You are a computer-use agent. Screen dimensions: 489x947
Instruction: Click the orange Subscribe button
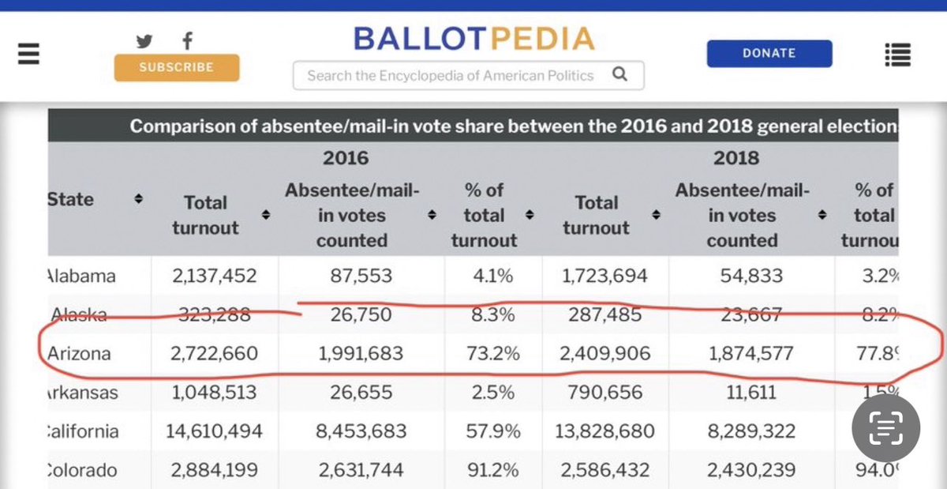tap(176, 67)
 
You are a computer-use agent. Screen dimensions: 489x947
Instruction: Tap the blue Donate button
tap(769, 53)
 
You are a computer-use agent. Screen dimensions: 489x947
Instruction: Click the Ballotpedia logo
tap(473, 38)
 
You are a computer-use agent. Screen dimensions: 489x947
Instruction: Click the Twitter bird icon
tap(144, 41)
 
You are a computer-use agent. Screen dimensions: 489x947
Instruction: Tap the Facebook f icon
tap(187, 41)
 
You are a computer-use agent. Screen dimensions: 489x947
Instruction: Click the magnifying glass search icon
tap(619, 75)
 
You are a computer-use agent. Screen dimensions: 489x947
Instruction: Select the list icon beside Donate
tap(898, 55)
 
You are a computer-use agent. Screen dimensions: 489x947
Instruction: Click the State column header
tap(70, 199)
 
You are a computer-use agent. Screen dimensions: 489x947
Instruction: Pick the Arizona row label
tap(79, 353)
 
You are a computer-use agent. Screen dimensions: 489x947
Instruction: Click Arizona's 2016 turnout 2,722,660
tap(213, 353)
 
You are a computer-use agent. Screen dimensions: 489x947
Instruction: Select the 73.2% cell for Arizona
tap(493, 353)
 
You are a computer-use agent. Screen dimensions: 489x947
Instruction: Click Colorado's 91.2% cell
tap(493, 470)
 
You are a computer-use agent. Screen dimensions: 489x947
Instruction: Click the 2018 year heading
tap(736, 158)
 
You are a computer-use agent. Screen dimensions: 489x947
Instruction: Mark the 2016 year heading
tap(345, 158)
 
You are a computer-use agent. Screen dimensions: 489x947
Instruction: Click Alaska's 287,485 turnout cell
tap(605, 315)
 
